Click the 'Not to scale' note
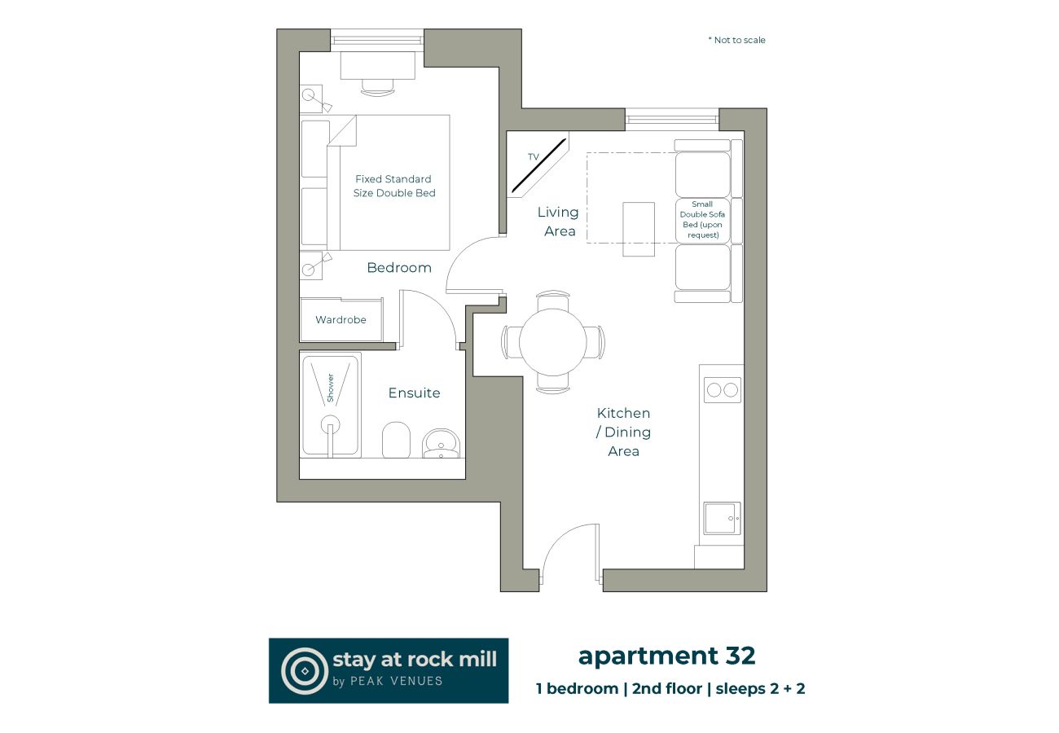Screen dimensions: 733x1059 coord(737,40)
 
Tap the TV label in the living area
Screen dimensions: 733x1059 coord(534,156)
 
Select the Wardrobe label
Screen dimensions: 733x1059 coord(341,320)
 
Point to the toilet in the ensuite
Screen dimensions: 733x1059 coord(397,440)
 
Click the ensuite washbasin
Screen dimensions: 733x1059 coord(441,444)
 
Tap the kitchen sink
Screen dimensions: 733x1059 coord(721,518)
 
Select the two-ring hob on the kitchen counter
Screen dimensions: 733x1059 coord(722,390)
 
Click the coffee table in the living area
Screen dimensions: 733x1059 coord(639,229)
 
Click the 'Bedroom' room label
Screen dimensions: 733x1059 coord(399,268)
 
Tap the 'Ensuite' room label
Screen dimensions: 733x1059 coord(414,393)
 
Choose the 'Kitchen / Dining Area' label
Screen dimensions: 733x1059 coord(623,432)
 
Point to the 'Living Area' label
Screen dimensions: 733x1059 coord(558,222)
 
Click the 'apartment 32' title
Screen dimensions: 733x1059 coord(666,656)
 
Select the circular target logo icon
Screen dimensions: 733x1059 coord(304,670)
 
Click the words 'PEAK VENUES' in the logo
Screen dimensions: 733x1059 coord(403,681)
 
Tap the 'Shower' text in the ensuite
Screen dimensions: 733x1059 coord(331,388)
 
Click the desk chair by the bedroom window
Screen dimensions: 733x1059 coord(377,85)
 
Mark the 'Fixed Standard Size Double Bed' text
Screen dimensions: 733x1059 coord(394,187)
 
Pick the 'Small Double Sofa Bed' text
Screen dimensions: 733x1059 coord(702,219)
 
